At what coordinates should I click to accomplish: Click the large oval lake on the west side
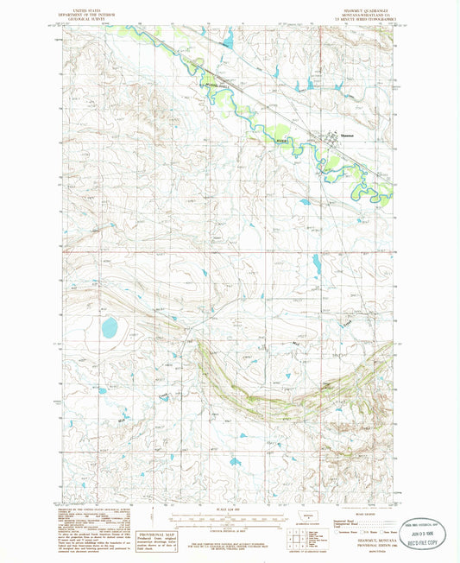point(110,327)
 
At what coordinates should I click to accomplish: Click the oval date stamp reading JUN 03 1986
point(425,533)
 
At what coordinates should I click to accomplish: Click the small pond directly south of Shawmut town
point(305,202)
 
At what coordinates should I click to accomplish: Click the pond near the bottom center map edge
point(236,462)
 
